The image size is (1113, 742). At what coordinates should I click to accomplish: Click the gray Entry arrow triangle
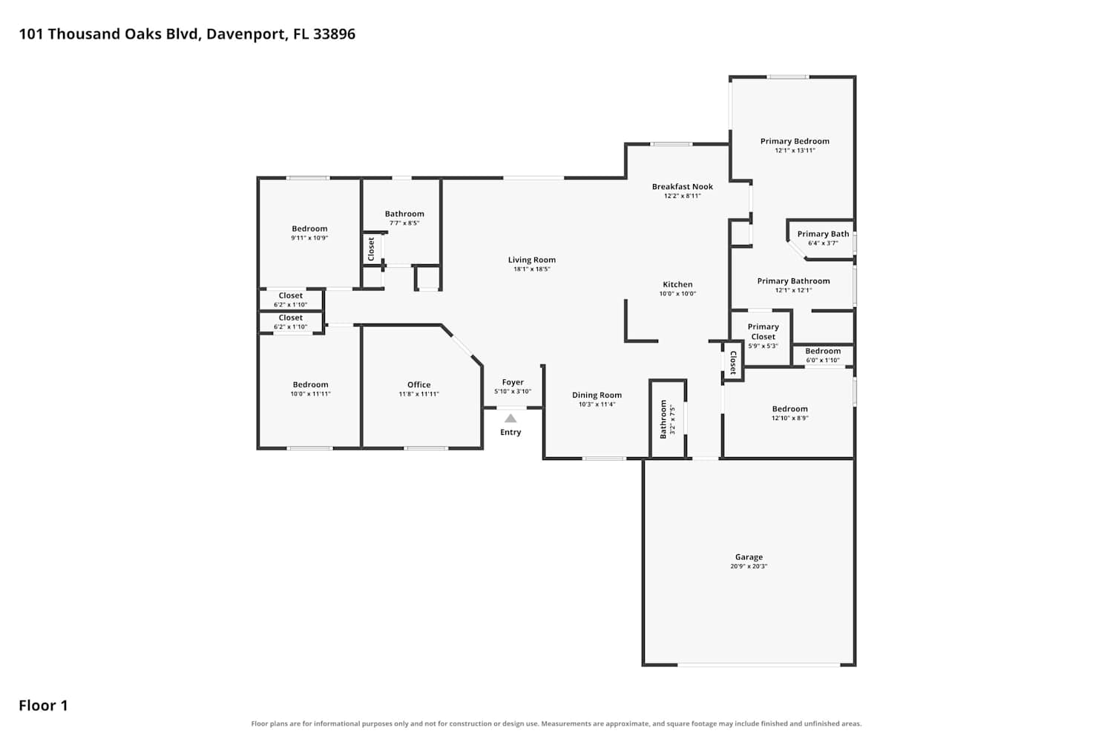510,418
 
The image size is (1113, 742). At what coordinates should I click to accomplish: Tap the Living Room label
532,260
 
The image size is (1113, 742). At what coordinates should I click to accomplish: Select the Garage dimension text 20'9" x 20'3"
749,566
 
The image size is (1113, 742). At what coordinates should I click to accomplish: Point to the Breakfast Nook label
682,187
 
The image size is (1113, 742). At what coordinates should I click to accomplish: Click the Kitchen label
677,284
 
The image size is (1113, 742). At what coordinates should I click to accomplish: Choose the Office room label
419,384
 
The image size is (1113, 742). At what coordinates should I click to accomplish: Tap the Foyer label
513,382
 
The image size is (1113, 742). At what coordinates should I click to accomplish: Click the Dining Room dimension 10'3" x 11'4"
597,404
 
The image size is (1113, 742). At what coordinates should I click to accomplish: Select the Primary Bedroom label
795,141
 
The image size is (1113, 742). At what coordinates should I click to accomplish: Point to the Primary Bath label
823,234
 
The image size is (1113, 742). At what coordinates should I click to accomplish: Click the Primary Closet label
764,332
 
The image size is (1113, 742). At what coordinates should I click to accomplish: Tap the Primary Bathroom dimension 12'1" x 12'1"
793,290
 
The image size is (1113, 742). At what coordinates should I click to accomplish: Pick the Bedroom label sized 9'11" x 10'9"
309,229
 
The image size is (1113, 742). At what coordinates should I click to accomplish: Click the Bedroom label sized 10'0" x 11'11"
311,384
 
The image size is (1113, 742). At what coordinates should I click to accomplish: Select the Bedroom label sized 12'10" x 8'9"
790,409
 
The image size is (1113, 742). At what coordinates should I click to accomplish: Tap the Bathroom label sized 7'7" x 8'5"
404,214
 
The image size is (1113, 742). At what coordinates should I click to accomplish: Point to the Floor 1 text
43,706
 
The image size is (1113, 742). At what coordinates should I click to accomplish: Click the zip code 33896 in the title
334,34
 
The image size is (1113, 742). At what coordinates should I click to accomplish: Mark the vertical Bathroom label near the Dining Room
663,419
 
